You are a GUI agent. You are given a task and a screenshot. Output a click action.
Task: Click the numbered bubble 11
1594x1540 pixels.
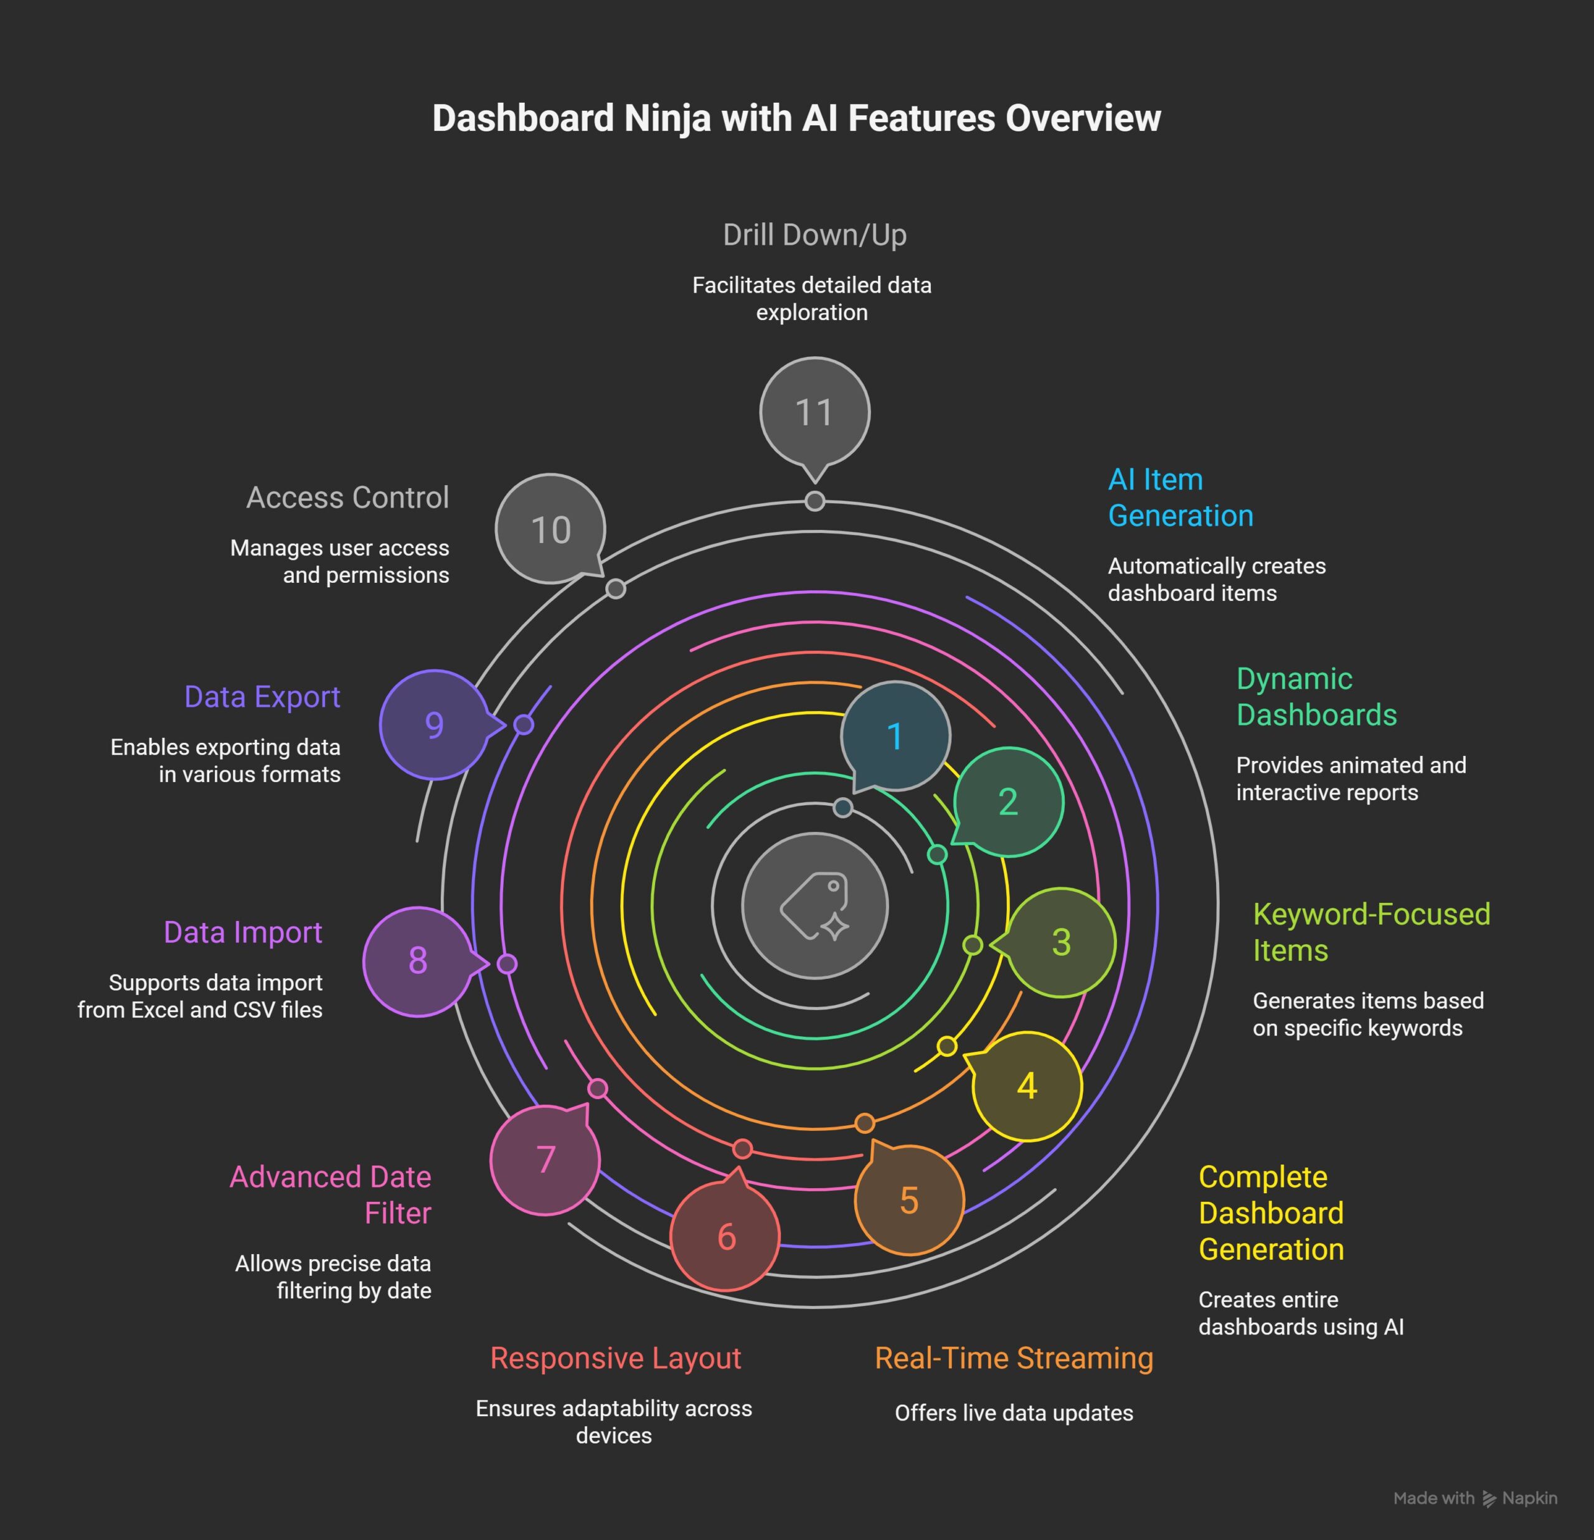pyautogui.click(x=814, y=412)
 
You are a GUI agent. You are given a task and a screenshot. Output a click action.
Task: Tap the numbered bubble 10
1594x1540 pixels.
pyautogui.click(x=550, y=529)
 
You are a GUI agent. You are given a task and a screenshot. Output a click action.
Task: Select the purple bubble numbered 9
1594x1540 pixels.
pyautogui.click(x=434, y=724)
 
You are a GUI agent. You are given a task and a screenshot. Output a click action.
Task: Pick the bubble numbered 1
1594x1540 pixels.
pyautogui.click(x=895, y=735)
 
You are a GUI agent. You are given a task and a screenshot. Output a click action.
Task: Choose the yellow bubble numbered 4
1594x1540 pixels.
pyautogui.click(x=1027, y=1086)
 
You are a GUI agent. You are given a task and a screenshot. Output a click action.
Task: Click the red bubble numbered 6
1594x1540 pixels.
pyautogui.click(x=725, y=1237)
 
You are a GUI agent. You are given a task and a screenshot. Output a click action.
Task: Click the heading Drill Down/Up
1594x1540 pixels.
pyautogui.click(x=814, y=235)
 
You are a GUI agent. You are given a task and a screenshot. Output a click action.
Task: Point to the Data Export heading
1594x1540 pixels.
pyautogui.click(x=262, y=697)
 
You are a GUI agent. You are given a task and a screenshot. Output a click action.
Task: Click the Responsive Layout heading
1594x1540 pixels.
pyautogui.click(x=616, y=1358)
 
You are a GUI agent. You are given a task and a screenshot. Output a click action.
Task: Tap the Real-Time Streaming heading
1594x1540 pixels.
pyautogui.click(x=1013, y=1358)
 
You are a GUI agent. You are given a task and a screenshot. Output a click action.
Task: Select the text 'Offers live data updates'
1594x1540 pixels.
pyautogui.click(x=1013, y=1413)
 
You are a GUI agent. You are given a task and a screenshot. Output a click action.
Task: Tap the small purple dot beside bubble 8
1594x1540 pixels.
pyautogui.click(x=507, y=964)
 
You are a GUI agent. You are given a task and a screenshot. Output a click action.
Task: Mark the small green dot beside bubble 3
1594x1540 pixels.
pyautogui.click(x=973, y=945)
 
